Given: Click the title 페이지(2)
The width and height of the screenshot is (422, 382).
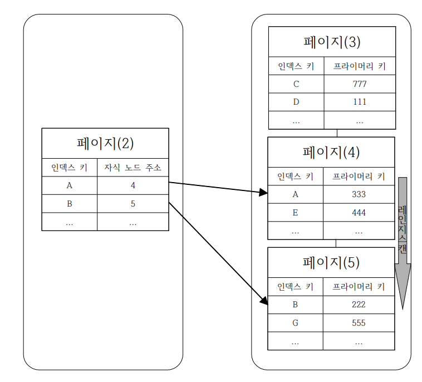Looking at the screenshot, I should click(105, 143).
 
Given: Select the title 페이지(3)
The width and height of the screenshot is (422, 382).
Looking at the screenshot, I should click(332, 42).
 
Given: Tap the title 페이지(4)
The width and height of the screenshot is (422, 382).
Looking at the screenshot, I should click(331, 152).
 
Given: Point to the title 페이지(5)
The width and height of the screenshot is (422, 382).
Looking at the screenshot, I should click(331, 262).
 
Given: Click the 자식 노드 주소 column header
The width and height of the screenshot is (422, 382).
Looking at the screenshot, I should click(133, 168).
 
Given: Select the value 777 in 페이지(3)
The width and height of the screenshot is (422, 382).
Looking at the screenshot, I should click(359, 84).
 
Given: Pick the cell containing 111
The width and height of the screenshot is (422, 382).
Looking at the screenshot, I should click(359, 102).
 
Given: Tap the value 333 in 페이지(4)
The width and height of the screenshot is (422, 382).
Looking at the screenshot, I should click(359, 194).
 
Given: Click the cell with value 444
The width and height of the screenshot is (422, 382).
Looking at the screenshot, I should click(359, 212).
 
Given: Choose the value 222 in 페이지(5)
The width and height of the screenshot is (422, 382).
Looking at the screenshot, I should click(359, 305).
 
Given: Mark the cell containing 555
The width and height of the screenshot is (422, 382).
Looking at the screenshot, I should click(359, 322).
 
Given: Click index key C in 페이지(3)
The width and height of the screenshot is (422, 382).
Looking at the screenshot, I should click(296, 84).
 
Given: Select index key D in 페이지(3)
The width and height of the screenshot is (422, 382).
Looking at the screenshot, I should click(296, 102).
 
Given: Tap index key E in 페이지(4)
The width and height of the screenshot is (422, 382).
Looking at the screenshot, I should click(295, 212).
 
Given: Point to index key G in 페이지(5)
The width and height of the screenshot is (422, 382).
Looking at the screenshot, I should click(295, 322).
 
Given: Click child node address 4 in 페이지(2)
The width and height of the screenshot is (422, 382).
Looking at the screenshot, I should click(133, 185).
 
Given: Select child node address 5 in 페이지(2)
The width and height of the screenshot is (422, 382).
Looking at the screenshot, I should click(133, 203).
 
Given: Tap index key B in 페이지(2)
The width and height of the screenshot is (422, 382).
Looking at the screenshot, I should click(70, 203).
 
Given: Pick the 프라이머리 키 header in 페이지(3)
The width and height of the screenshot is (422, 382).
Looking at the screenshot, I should click(359, 66).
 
